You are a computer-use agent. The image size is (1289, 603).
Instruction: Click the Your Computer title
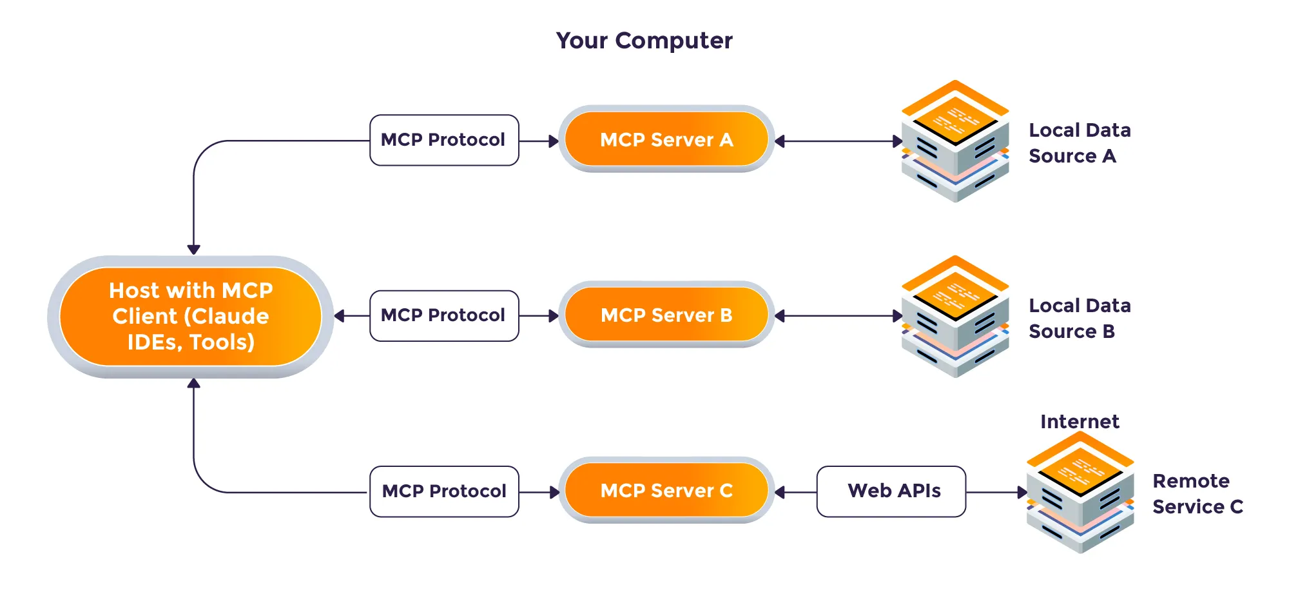point(644,41)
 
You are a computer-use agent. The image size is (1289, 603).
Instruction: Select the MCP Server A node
point(666,139)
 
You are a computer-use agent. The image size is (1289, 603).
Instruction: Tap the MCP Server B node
point(666,315)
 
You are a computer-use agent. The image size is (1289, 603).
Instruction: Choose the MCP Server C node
point(666,491)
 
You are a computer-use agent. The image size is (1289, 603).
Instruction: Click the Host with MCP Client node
point(191,316)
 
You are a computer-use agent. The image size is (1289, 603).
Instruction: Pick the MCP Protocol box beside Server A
point(444,140)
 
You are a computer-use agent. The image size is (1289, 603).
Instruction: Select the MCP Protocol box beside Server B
point(444,315)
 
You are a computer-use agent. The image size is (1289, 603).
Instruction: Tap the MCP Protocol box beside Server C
point(444,491)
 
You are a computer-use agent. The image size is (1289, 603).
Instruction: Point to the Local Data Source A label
point(1080,143)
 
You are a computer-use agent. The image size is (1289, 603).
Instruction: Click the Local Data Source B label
point(1080,319)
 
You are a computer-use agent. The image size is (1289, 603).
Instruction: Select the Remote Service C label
point(1197,494)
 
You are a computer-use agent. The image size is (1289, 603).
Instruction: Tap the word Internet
point(1080,422)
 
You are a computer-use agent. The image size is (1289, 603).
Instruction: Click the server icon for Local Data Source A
point(955,141)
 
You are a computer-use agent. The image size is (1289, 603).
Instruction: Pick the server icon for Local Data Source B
point(955,317)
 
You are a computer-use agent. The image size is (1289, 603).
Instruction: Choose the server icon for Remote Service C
point(1080,492)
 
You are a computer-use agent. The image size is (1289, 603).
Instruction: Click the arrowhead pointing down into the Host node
point(193,249)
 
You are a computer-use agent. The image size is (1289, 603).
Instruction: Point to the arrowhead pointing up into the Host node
point(193,384)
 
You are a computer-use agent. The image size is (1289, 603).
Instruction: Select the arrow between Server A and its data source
point(838,141)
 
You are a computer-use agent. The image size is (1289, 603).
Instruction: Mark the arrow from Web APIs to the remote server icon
point(996,492)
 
